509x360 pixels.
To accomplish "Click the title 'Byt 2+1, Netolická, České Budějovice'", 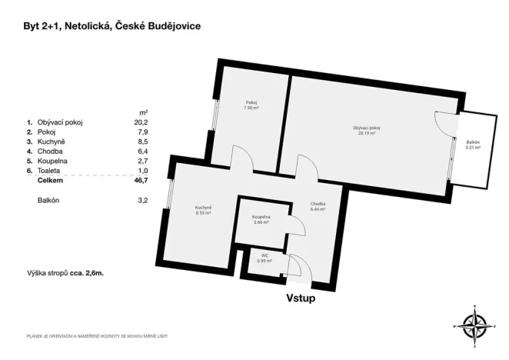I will [x=112, y=25].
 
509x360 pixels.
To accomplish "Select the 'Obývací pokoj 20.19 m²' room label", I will [x=367, y=129].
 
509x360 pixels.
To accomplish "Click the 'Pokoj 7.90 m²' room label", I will [x=251, y=105].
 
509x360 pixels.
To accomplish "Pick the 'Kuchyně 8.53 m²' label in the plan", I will [x=203, y=210].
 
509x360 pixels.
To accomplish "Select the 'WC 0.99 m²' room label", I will [x=263, y=258].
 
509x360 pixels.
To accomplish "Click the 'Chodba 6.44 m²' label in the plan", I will [x=318, y=207].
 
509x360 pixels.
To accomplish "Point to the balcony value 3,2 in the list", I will [x=142, y=201].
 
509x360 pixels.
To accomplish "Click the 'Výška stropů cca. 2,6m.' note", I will [x=64, y=273].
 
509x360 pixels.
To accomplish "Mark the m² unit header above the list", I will [x=143, y=111].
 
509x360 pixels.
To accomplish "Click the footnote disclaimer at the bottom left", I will [x=97, y=336].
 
